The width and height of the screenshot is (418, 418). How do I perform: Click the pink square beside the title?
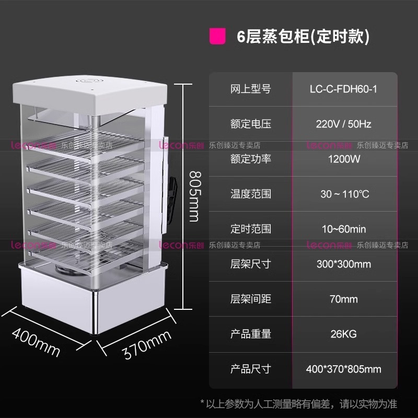tap(217, 37)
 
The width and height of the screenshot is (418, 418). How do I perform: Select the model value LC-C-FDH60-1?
tap(343, 89)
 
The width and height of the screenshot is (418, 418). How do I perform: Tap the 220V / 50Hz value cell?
tap(343, 124)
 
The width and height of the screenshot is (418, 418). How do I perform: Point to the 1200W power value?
tap(343, 159)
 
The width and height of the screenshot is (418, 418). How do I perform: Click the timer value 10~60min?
tap(343, 229)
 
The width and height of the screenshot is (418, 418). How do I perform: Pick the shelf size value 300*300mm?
tap(343, 264)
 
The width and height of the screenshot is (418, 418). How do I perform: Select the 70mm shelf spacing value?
tap(343, 299)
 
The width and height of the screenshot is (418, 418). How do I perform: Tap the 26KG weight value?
tap(343, 334)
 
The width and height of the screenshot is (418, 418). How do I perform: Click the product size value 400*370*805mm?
tap(343, 369)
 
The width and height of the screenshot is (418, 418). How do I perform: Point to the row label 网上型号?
tap(251, 89)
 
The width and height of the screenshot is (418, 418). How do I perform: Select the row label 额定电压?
tap(251, 124)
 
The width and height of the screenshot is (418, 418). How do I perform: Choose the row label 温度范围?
tap(251, 194)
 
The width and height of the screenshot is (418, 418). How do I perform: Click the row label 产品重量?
tap(251, 334)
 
